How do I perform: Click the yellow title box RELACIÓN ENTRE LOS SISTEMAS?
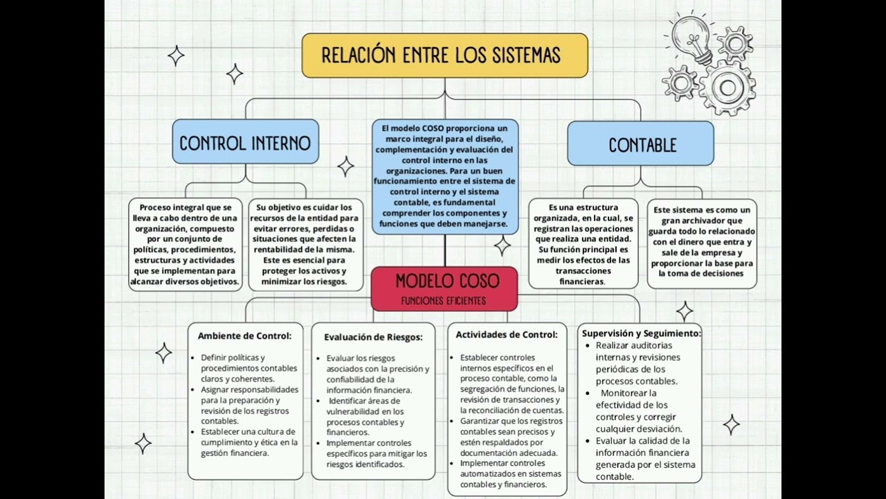[444, 55]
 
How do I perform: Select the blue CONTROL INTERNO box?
[245, 143]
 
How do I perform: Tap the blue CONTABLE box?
[641, 145]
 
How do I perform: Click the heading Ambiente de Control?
[244, 335]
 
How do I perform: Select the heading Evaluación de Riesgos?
[373, 337]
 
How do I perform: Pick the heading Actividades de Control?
[506, 334]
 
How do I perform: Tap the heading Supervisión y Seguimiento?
[641, 333]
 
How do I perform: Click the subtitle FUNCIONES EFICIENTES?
[444, 301]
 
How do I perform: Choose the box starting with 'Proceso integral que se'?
[186, 245]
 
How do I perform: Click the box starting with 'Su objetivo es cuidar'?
[305, 245]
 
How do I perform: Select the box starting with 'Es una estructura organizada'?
[583, 244]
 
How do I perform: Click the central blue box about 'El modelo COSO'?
[444, 176]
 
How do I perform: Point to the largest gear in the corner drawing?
[727, 87]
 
